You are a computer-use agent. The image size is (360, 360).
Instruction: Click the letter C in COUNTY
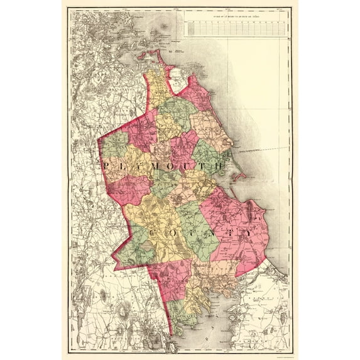click(153, 233)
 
